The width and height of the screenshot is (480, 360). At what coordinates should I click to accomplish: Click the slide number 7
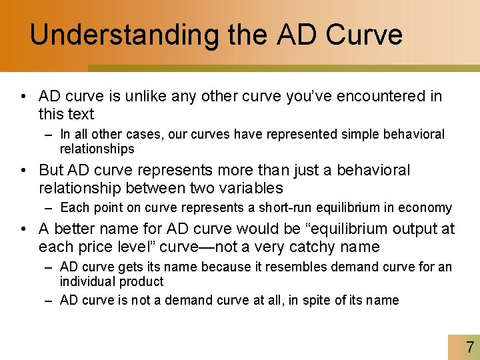[x=470, y=347]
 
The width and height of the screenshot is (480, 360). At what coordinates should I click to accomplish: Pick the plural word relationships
[x=97, y=149]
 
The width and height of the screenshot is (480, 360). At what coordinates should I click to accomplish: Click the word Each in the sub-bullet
[x=73, y=208]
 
